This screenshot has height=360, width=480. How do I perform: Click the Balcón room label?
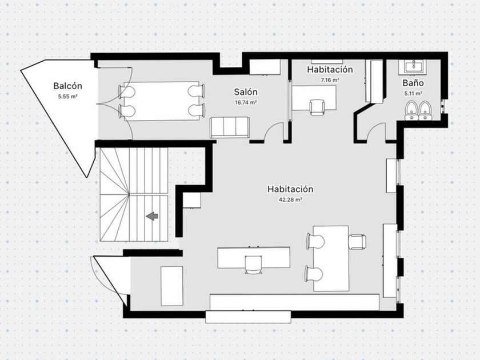click(67, 86)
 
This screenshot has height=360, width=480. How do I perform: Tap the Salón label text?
click(246, 92)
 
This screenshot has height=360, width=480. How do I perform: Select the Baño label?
click(413, 83)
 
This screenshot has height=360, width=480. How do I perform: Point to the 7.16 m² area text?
click(330, 80)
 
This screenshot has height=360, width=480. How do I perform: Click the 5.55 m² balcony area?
click(67, 97)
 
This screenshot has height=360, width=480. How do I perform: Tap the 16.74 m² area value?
click(246, 102)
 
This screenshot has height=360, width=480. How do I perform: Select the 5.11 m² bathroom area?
click(413, 94)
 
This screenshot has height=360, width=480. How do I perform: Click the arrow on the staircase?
click(152, 216)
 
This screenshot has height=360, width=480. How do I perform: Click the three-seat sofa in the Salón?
click(230, 127)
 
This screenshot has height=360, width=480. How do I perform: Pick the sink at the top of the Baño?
click(412, 67)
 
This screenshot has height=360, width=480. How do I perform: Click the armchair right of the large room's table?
click(358, 242)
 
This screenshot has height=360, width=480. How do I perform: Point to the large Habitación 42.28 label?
click(290, 189)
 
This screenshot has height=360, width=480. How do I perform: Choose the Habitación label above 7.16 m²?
click(330, 70)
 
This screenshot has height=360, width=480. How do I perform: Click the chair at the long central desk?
click(254, 265)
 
